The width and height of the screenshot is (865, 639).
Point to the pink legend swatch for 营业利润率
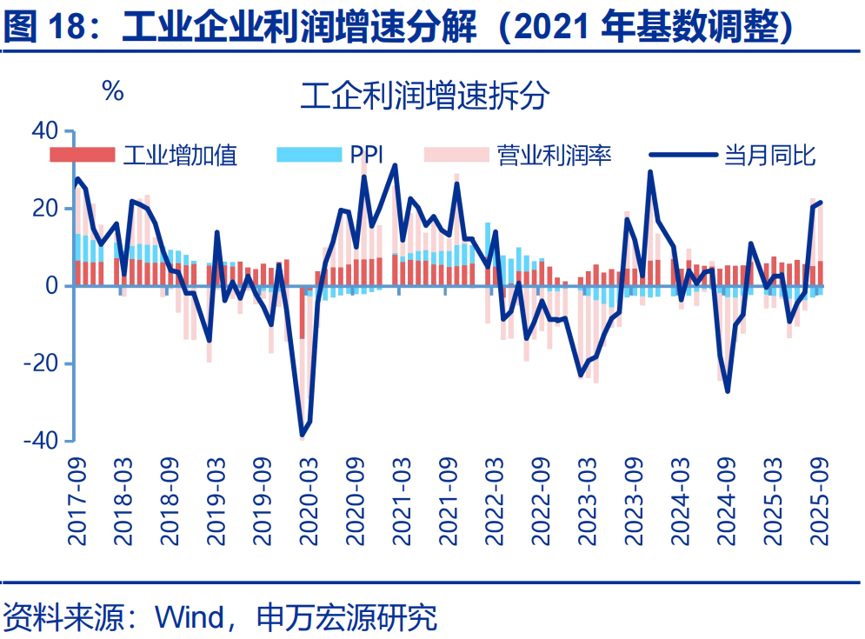(456, 156)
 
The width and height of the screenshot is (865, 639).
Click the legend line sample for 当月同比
(683, 156)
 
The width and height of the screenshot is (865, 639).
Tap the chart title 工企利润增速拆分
(424, 96)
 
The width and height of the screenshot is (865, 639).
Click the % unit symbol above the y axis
(113, 90)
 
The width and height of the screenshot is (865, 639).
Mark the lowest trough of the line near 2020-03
(303, 435)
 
